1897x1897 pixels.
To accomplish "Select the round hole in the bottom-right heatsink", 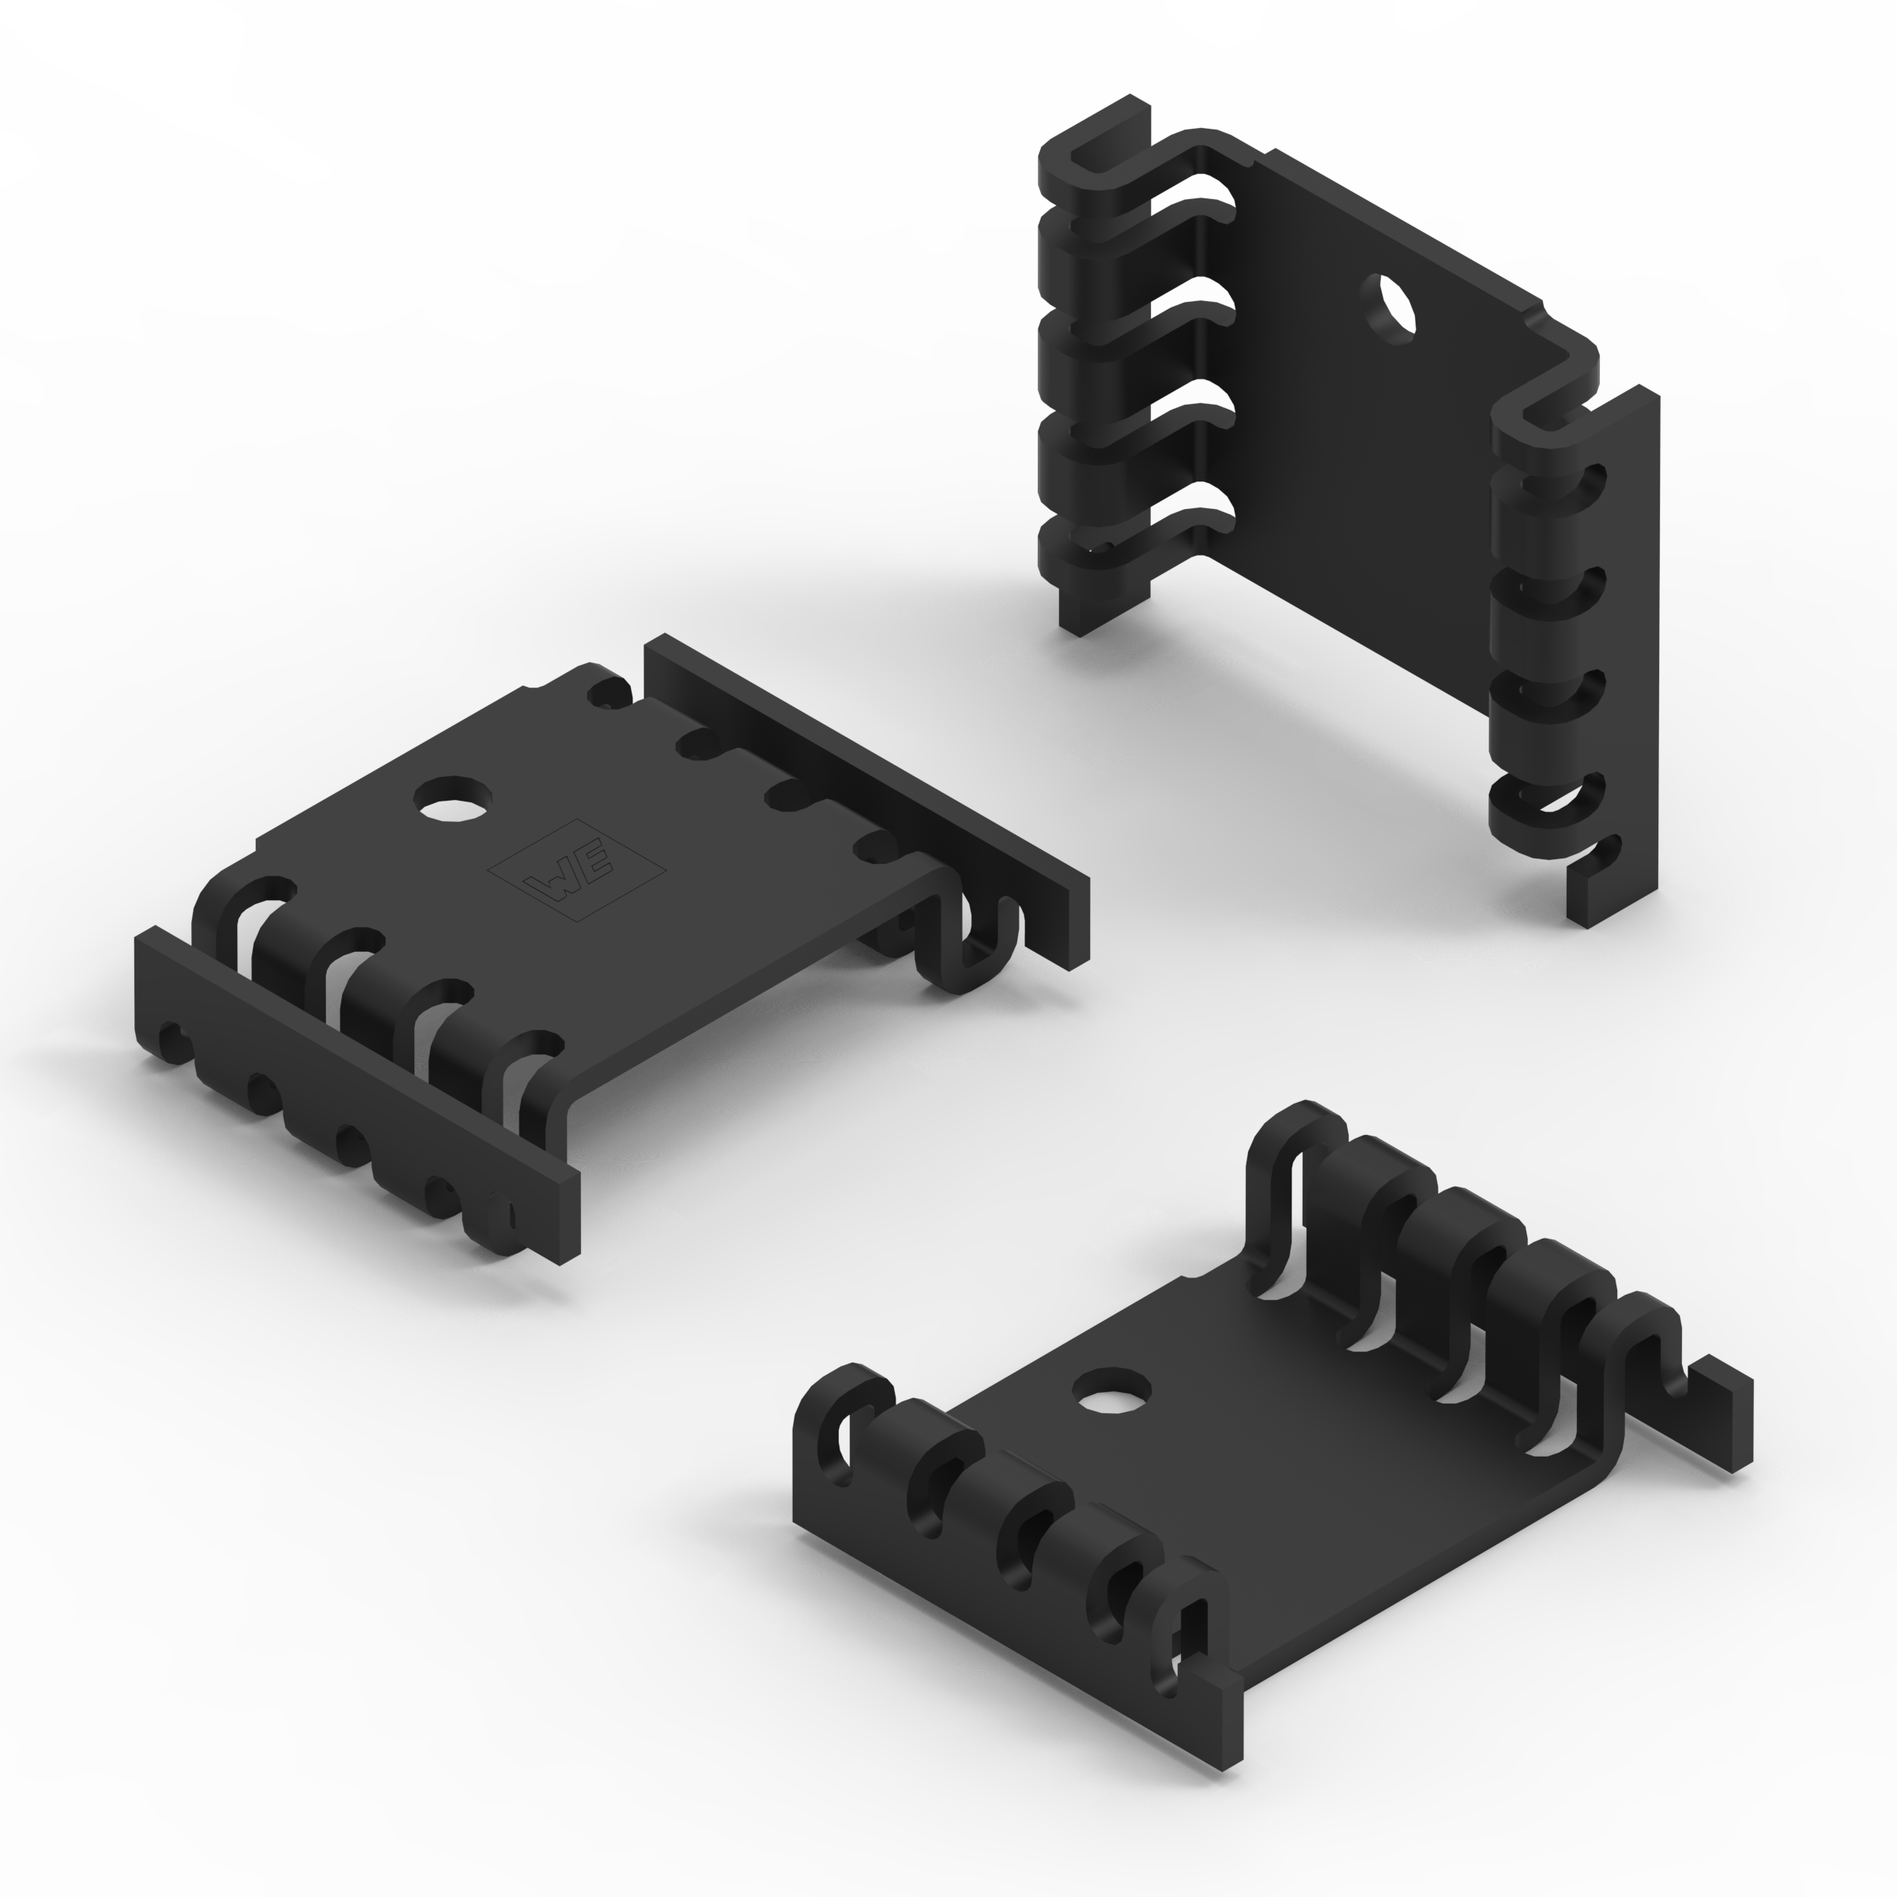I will [1111, 1390].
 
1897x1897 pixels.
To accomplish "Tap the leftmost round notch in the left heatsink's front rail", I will [170, 1038].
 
